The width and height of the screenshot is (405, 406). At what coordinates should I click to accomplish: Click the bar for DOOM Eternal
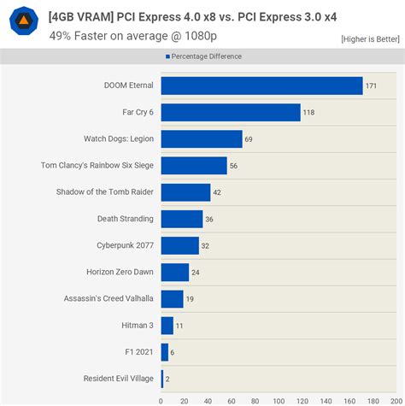click(261, 85)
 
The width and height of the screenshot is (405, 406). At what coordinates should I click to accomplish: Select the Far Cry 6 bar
click(230, 112)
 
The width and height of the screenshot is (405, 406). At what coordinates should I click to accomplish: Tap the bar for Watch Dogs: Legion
click(201, 138)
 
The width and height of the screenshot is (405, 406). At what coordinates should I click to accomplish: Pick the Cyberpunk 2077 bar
click(179, 245)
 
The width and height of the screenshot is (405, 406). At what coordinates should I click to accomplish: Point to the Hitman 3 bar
click(167, 325)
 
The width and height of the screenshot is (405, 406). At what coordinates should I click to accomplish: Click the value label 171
click(372, 85)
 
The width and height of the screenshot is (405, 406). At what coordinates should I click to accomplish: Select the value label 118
click(309, 112)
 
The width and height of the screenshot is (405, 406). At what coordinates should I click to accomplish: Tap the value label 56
click(234, 166)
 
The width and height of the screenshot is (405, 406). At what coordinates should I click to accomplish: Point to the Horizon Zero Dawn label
click(120, 272)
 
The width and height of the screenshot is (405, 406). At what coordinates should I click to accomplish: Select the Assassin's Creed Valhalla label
click(109, 298)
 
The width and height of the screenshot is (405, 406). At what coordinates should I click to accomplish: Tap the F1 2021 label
click(138, 351)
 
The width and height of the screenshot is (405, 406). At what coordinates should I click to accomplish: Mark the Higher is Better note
click(369, 39)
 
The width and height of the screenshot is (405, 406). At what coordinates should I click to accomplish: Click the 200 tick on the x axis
click(394, 398)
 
